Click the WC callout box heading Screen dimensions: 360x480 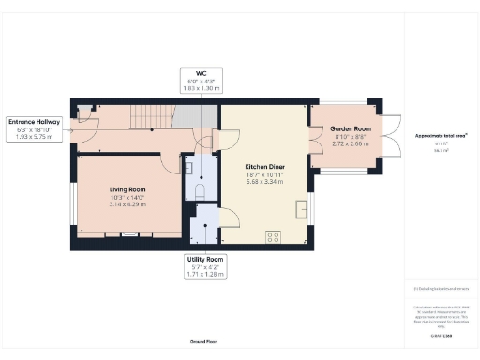pyautogui.click(x=201, y=72)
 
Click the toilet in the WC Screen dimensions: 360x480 pyautogui.click(x=202, y=188)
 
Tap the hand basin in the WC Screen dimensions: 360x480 pyautogui.click(x=188, y=169)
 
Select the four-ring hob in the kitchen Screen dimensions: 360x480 pyautogui.click(x=276, y=234)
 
